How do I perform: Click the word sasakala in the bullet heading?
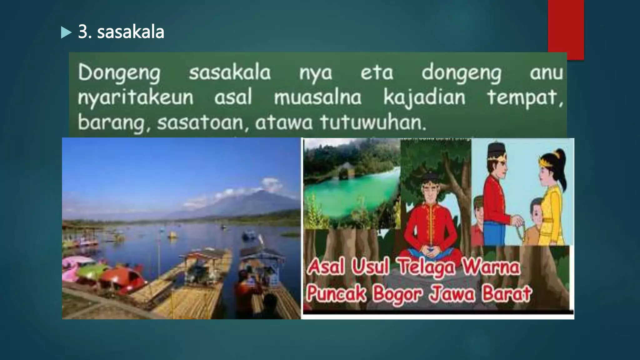(130, 32)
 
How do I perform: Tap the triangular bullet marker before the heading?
(66, 32)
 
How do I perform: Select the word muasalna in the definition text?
(317, 97)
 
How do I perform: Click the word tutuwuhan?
(372, 122)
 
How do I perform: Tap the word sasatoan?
(200, 122)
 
